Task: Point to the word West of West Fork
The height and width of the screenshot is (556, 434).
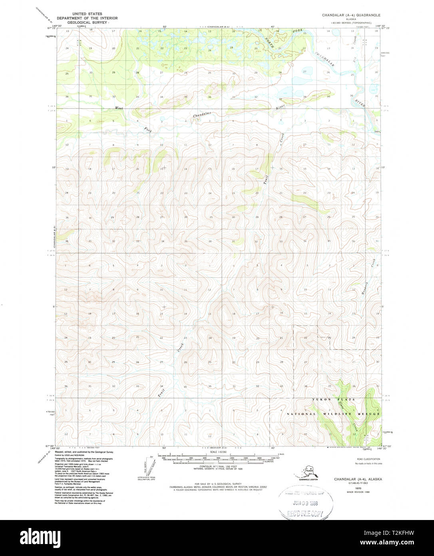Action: [x=119, y=108]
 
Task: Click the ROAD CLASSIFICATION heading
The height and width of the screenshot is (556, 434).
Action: [x=366, y=459]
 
